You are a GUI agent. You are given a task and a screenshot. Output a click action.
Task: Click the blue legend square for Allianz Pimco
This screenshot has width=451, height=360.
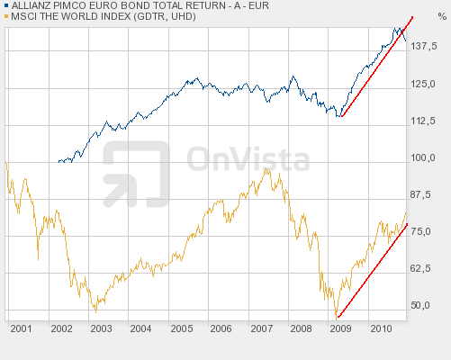(x=5, y=5)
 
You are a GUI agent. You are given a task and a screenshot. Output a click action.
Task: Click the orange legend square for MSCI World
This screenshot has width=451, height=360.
(x=5, y=16)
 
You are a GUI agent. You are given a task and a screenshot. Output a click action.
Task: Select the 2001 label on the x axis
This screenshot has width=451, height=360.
(x=22, y=329)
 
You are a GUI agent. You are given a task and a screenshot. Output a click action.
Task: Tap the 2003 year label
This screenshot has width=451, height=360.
(x=101, y=329)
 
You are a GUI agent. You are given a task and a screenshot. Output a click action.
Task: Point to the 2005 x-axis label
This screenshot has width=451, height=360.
(x=181, y=329)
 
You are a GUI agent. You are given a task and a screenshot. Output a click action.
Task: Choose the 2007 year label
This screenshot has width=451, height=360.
(x=261, y=329)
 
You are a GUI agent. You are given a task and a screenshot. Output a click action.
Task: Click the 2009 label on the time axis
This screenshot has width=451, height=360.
(x=340, y=329)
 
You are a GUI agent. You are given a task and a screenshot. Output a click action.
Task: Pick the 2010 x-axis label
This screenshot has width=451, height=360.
(x=380, y=329)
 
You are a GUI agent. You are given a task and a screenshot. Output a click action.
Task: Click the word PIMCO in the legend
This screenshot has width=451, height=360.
(x=75, y=5)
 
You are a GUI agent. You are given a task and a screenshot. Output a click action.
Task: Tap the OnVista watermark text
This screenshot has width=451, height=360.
(x=248, y=160)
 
